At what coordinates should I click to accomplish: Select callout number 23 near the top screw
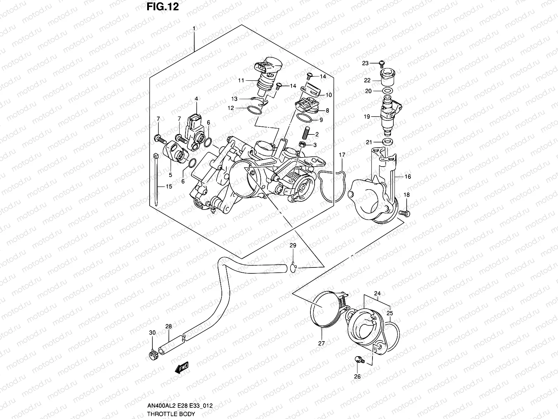(365, 63)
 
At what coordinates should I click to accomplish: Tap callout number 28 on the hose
(169, 326)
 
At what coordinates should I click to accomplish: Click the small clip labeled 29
(293, 268)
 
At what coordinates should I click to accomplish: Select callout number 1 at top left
(194, 28)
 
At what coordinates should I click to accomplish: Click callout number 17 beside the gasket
(342, 155)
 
